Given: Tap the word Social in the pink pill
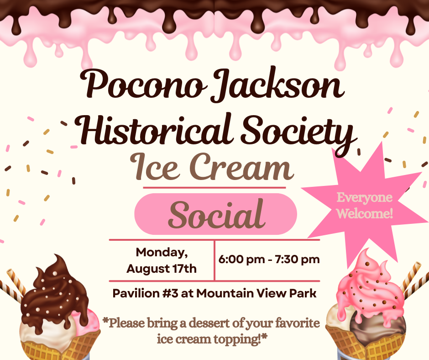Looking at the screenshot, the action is click(216, 214).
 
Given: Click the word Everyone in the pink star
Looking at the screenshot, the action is click(365, 197).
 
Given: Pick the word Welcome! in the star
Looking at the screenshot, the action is click(365, 213).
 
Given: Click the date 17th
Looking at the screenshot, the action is click(184, 269).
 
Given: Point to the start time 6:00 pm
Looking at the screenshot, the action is click(241, 259).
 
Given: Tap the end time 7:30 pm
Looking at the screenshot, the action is click(298, 259).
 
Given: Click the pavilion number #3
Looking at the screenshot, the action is click(170, 293).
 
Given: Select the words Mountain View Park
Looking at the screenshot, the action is click(256, 293).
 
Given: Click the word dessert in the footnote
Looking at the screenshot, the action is click(209, 323).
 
